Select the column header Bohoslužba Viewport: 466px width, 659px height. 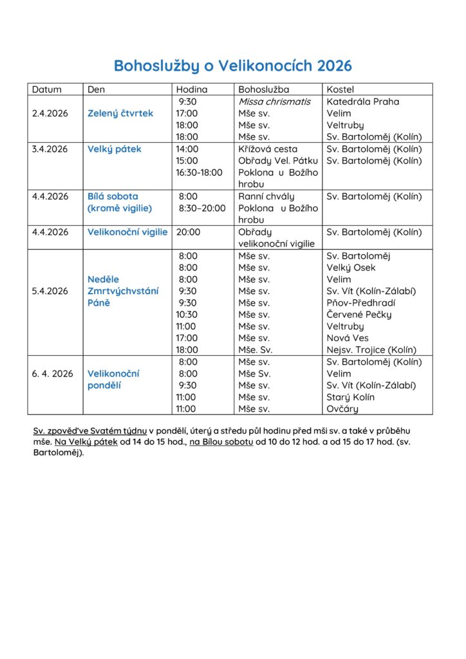263,89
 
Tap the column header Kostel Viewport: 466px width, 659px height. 340,89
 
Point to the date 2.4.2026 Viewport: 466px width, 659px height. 50,113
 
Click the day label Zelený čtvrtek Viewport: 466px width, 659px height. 120,113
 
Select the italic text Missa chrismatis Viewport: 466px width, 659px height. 274,102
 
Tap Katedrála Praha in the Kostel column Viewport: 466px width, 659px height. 362,102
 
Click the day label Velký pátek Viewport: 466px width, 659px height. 114,149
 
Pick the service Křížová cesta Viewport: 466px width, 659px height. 268,149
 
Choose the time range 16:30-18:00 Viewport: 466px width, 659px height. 199,172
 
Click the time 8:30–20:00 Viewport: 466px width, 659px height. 202,208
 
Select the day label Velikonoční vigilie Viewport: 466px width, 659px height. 127,232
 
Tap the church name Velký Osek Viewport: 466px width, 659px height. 351,268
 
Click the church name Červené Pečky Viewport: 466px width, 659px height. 359,315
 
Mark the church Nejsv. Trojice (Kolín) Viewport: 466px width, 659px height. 371,350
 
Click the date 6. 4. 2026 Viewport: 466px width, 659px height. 53,373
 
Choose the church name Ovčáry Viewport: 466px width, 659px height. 342,409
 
